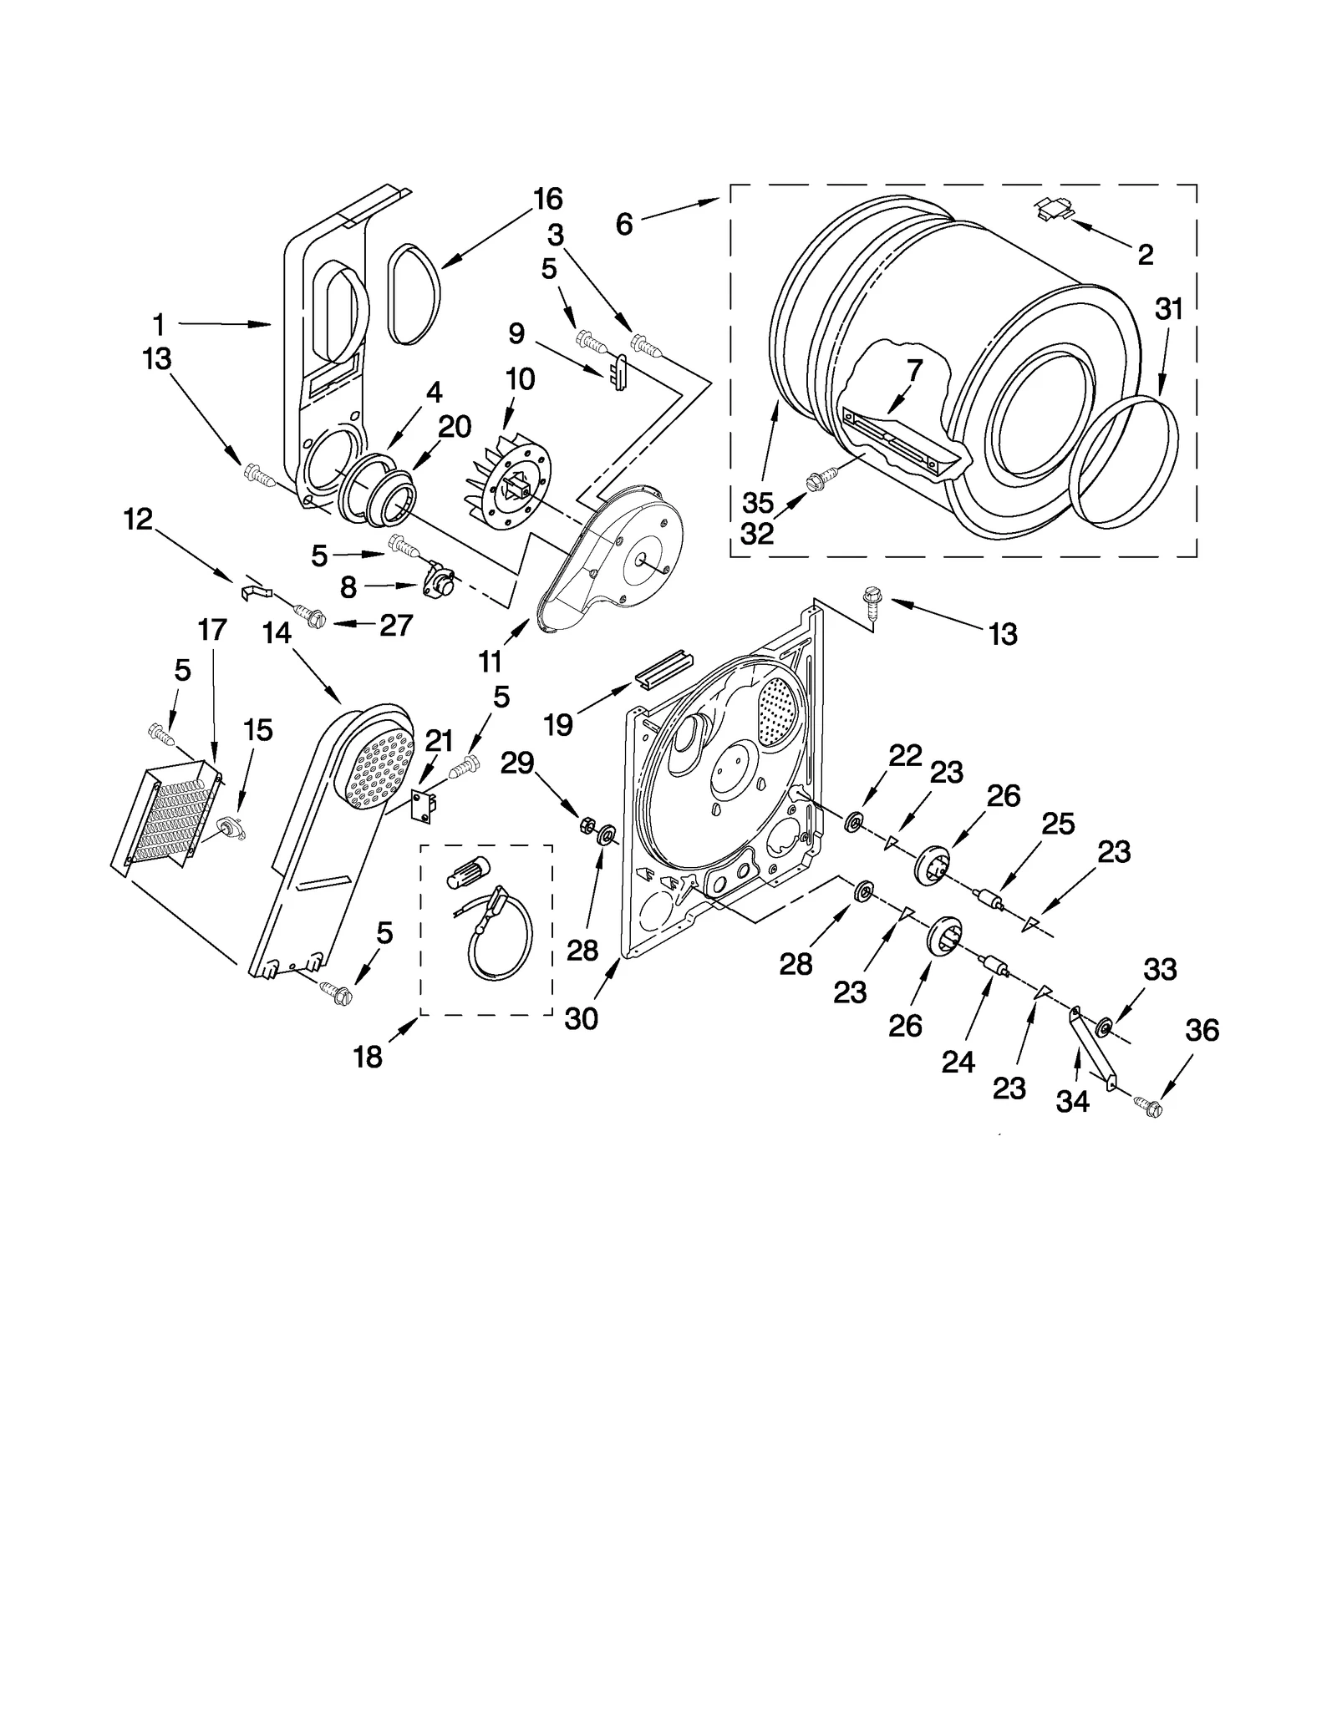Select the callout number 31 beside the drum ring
tap(1169, 309)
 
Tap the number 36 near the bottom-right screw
tap(1202, 1030)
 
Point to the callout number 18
tap(368, 1057)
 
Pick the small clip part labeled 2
tap(1053, 209)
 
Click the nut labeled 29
tap(587, 826)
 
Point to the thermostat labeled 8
tap(440, 580)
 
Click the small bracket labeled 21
tap(427, 807)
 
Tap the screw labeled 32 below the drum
tap(813, 482)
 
